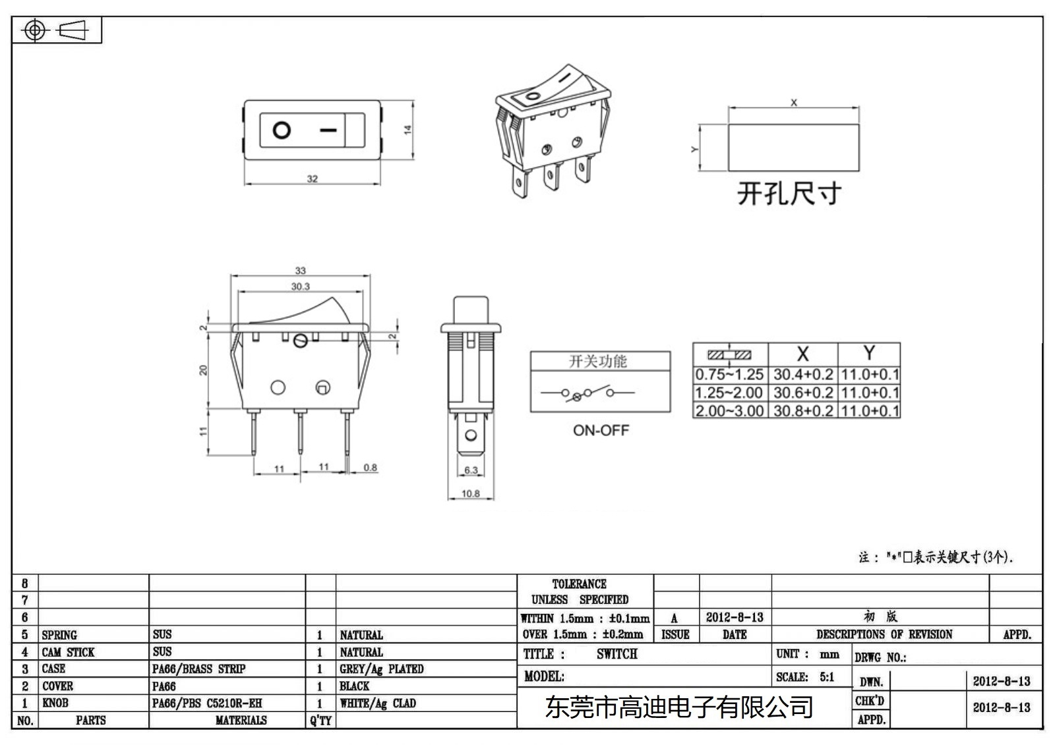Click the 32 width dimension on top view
click(x=313, y=179)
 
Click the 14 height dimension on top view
click(x=407, y=130)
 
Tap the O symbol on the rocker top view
click(x=282, y=130)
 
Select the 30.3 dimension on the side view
click(x=300, y=287)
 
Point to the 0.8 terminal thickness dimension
click(x=370, y=468)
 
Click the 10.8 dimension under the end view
click(x=470, y=493)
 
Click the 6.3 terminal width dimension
click(x=470, y=470)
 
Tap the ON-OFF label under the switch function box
click(x=601, y=430)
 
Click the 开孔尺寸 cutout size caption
click(x=789, y=194)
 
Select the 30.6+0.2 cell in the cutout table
click(x=802, y=393)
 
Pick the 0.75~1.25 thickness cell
click(x=729, y=375)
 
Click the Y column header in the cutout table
click(x=869, y=354)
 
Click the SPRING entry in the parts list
click(x=59, y=635)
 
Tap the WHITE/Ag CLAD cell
click(x=378, y=704)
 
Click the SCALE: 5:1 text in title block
click(x=804, y=677)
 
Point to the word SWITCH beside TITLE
click(x=617, y=654)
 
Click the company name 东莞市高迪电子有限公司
click(x=678, y=707)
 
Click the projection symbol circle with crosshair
click(x=35, y=30)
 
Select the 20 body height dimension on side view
click(x=203, y=370)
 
